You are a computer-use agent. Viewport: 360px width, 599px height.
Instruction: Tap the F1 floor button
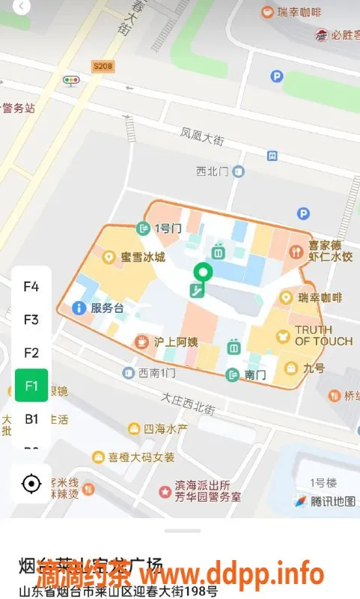(31, 386)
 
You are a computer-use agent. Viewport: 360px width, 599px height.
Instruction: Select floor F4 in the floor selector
(31, 286)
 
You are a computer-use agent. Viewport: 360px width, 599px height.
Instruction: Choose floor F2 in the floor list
(31, 353)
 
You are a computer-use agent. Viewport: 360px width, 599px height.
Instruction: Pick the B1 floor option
(31, 419)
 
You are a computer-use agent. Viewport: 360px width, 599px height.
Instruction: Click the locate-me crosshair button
(31, 484)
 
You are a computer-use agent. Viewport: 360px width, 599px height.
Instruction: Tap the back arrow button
(22, 7)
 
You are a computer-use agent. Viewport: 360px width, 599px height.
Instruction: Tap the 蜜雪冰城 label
(143, 258)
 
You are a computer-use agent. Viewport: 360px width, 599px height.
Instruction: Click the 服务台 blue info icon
(77, 308)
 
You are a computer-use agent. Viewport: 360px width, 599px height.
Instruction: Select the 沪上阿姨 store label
(175, 342)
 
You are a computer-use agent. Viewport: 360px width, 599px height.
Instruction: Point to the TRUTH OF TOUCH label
(323, 335)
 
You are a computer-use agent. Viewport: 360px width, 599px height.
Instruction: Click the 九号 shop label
(314, 368)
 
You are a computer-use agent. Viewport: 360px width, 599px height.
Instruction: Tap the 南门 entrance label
(255, 374)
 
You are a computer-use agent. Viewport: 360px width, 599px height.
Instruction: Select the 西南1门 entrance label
(157, 372)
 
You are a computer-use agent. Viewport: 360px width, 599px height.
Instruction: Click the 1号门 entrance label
(167, 228)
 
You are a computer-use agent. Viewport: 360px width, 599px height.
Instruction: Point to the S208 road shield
(103, 67)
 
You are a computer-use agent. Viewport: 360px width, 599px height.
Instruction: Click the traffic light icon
(72, 81)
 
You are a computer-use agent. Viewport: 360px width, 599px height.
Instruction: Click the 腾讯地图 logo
(326, 501)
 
